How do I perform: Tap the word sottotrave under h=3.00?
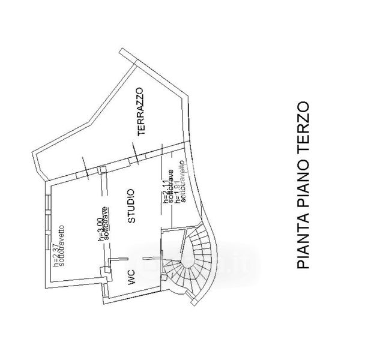tap(106, 223)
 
